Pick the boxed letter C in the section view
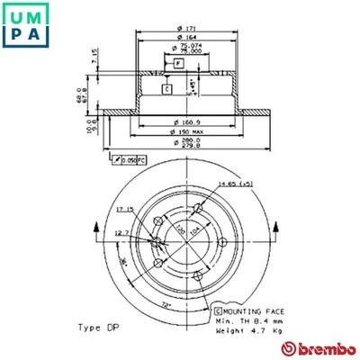tap(166, 89)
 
